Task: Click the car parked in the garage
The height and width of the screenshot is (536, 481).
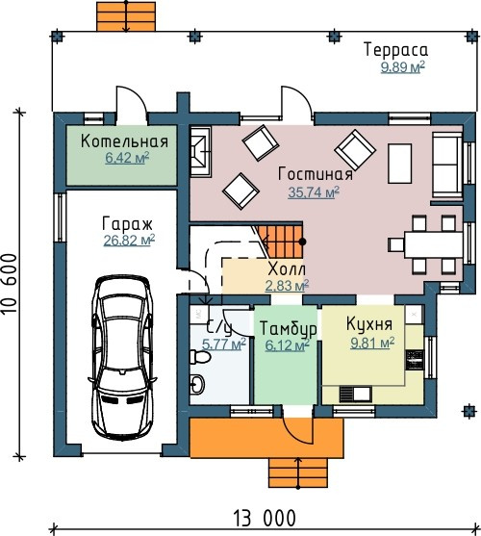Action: (122, 358)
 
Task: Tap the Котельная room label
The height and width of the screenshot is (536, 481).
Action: (124, 141)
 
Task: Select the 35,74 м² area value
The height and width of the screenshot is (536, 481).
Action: (314, 192)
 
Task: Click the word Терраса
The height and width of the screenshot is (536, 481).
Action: (395, 49)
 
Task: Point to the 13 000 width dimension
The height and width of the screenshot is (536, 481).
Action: (265, 519)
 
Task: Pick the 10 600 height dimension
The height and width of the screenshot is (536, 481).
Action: (10, 283)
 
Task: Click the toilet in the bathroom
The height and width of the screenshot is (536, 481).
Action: (200, 357)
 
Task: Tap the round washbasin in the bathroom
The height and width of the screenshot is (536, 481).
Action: (197, 384)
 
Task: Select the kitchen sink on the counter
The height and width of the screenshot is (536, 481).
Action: (355, 394)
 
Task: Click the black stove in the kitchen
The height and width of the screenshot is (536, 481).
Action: (415, 360)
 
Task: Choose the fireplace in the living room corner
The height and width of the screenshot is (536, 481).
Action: (200, 151)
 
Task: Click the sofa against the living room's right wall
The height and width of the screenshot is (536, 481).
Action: (447, 166)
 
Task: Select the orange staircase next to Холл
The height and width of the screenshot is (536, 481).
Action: (281, 242)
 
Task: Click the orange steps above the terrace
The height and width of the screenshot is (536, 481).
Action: (126, 16)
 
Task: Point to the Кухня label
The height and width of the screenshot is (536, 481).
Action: (369, 323)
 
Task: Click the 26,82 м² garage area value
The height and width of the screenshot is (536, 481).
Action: (129, 240)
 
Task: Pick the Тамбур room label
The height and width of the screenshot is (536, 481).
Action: (288, 329)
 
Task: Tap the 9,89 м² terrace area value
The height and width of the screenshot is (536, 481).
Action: (403, 67)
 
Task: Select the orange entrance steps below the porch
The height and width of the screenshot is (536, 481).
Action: (298, 473)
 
